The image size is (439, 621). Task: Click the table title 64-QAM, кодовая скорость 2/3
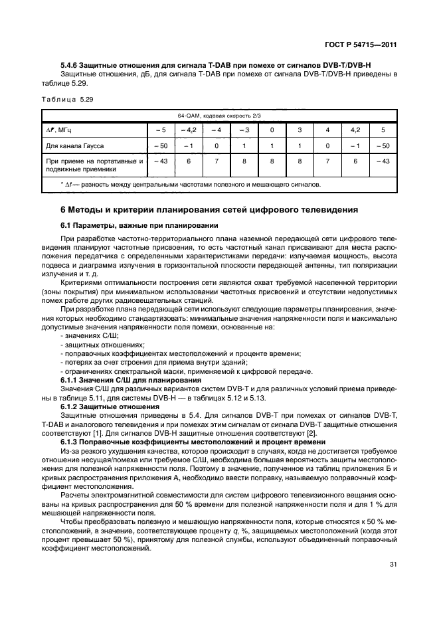pyautogui.click(x=219, y=115)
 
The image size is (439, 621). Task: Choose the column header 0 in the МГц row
pyautogui.click(x=272, y=129)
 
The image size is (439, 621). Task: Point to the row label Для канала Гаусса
pyautogui.click(x=74, y=145)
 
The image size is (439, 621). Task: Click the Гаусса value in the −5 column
pyautogui.click(x=160, y=145)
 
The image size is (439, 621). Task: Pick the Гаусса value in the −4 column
pyautogui.click(x=216, y=145)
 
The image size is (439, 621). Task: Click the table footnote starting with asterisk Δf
pyautogui.click(x=190, y=184)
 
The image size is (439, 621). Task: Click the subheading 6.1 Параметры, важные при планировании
pyautogui.click(x=139, y=225)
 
